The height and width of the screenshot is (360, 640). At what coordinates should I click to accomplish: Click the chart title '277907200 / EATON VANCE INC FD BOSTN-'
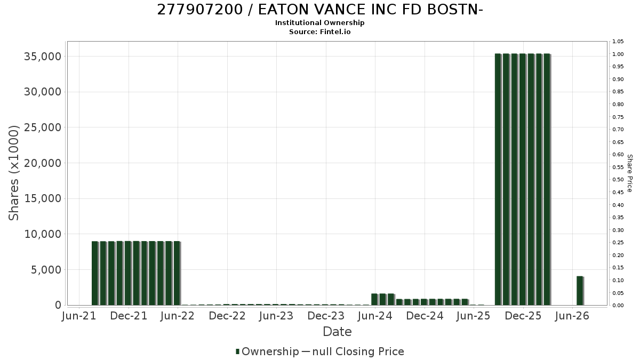[320, 10]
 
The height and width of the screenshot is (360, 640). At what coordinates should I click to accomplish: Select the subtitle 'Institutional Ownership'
[319, 23]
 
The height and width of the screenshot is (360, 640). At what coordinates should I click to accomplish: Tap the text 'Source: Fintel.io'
[319, 31]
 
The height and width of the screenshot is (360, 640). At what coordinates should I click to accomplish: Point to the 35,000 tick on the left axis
[43, 57]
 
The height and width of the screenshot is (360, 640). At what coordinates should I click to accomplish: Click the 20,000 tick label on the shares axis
[43, 163]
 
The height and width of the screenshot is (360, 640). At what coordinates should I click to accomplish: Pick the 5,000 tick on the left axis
[46, 270]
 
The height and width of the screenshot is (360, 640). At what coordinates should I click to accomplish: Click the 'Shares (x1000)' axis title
[13, 173]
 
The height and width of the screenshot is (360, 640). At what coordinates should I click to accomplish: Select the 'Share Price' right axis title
[629, 173]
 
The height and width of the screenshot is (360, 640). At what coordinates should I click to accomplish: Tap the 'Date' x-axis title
[337, 332]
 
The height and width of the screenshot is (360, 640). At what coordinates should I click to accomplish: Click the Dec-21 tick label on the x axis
[129, 316]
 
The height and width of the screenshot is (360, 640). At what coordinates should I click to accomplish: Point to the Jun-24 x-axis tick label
[375, 316]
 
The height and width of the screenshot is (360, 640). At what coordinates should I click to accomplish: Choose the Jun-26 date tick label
[572, 316]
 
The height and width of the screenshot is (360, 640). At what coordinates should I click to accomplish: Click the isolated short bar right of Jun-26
[580, 291]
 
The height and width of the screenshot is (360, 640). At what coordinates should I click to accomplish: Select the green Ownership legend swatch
[237, 351]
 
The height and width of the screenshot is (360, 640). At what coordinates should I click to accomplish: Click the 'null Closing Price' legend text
[358, 351]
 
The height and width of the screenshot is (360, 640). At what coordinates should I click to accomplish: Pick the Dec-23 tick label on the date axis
[326, 316]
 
